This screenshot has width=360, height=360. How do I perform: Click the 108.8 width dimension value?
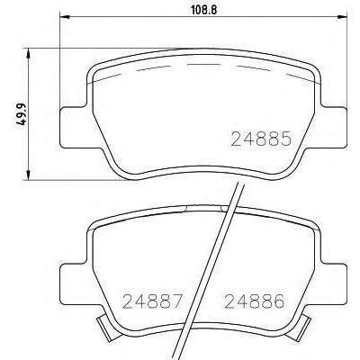(x=204, y=10)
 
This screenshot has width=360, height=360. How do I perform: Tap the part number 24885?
(x=261, y=139)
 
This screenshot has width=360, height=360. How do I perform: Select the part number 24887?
(x=152, y=301)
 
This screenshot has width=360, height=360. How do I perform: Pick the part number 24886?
(x=255, y=301)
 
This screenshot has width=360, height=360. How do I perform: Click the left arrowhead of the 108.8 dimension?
(x=65, y=17)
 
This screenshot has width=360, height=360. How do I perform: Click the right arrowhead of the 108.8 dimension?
(x=343, y=17)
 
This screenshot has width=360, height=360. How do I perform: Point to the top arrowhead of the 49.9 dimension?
(x=29, y=53)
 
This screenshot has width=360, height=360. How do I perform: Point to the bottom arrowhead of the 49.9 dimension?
(x=29, y=175)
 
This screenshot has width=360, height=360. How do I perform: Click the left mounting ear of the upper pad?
(x=75, y=127)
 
